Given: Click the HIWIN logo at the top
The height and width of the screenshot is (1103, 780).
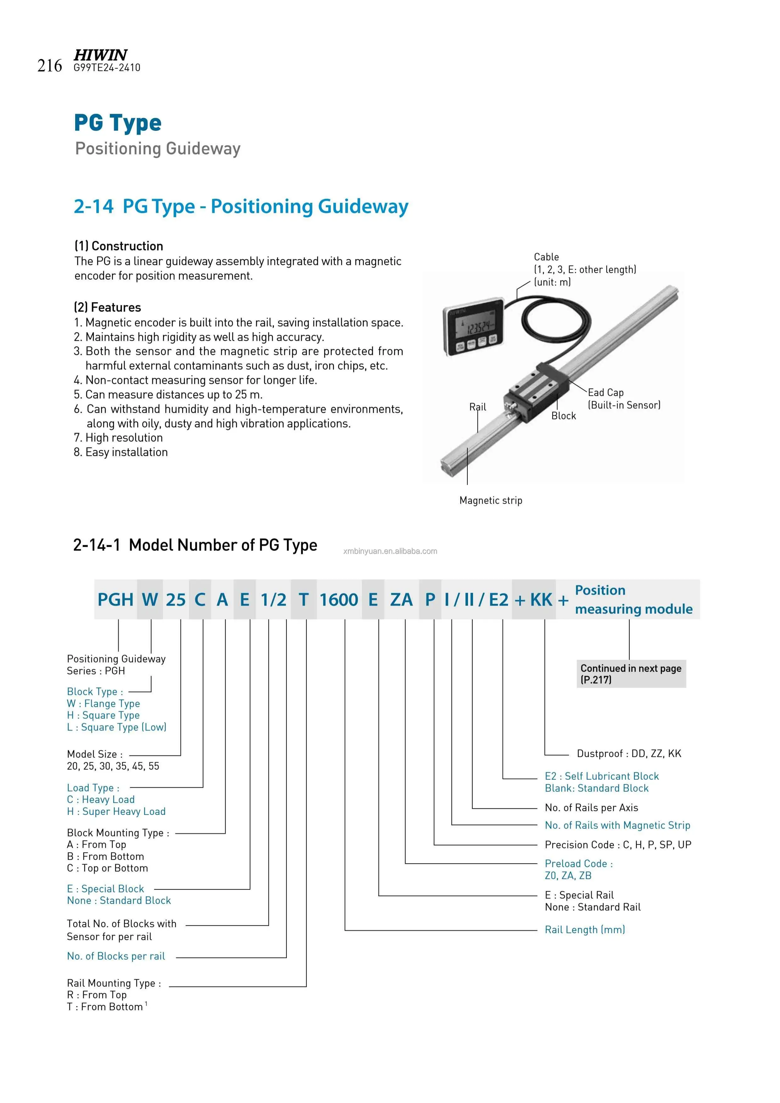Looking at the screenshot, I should point(100,54).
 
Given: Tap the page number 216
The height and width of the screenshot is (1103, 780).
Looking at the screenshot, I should point(49,66).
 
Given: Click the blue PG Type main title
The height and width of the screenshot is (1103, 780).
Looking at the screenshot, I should point(118,123).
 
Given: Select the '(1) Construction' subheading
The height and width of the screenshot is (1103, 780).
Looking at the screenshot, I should point(118,246).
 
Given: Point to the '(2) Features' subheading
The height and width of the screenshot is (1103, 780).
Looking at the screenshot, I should point(107,308).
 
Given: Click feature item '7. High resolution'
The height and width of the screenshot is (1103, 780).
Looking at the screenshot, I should point(118,438).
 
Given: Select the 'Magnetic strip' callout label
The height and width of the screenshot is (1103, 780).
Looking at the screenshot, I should point(490,501).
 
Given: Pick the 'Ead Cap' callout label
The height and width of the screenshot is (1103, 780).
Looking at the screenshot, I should point(605,392).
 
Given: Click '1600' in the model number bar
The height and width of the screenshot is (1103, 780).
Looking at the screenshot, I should point(338,600).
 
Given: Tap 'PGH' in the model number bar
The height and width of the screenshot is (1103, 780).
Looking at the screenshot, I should point(115,600).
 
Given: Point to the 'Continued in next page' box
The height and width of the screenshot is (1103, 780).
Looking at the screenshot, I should point(631,673).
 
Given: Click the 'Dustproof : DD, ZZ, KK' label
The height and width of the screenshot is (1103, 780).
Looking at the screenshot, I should point(629,753).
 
